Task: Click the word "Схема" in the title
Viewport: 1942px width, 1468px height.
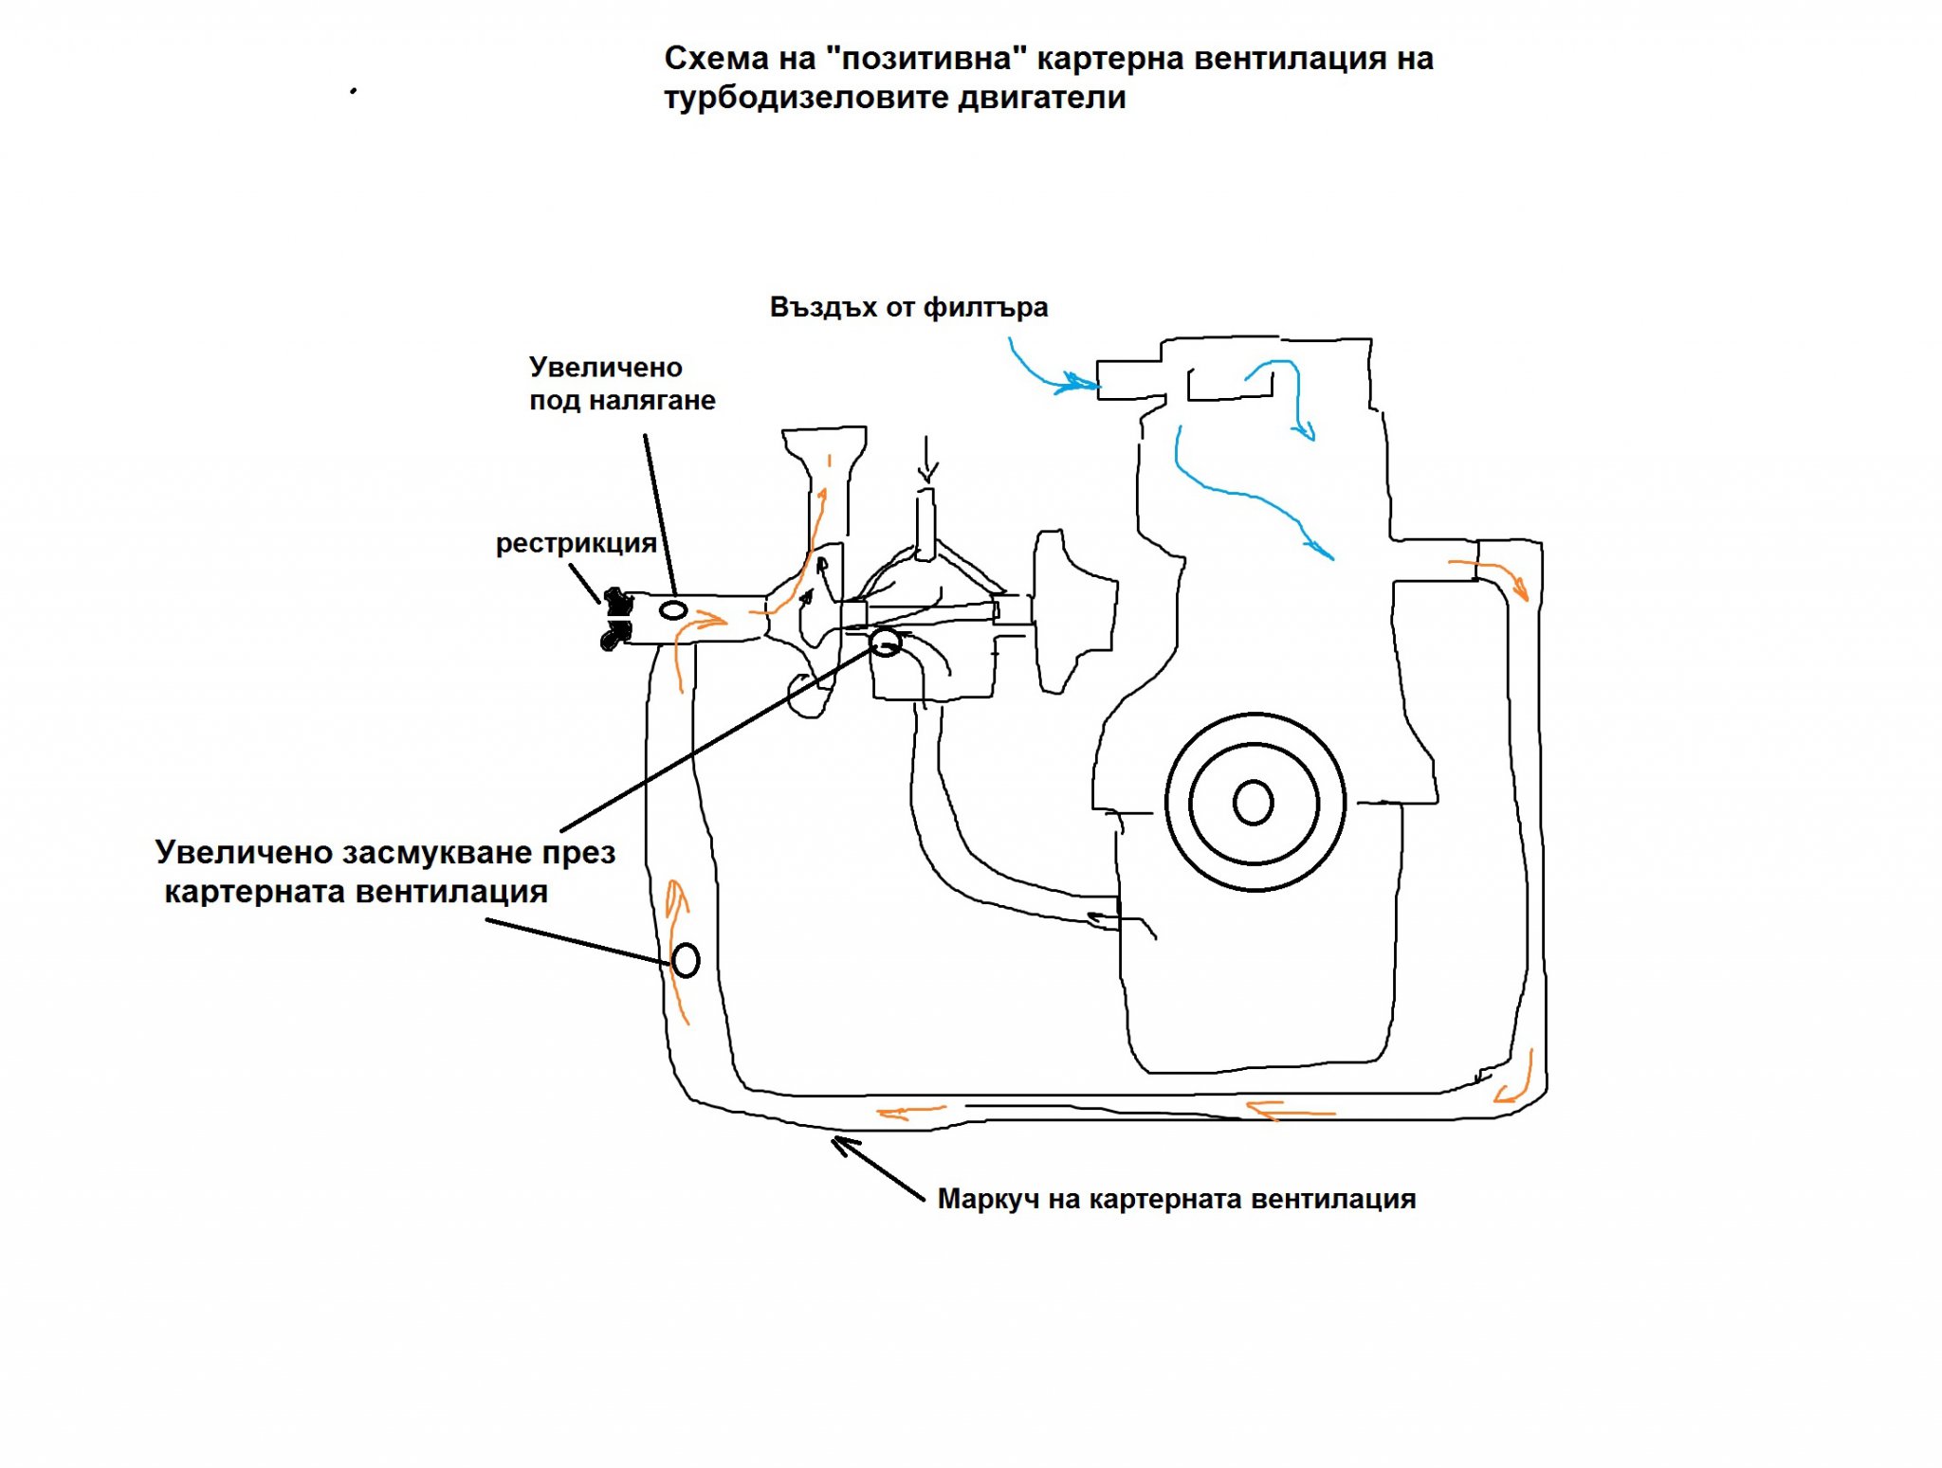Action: click(x=716, y=59)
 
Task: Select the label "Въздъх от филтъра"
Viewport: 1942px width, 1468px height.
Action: click(x=908, y=307)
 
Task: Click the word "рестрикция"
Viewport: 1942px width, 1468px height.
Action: click(x=576, y=543)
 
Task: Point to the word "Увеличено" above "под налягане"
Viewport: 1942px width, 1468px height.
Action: click(x=605, y=367)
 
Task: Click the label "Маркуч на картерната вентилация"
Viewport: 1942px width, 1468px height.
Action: click(x=1176, y=1199)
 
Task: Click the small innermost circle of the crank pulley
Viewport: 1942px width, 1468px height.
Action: click(x=1253, y=803)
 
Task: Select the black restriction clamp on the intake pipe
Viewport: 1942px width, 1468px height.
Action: click(x=616, y=618)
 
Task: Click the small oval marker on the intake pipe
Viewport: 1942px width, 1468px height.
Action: click(x=673, y=609)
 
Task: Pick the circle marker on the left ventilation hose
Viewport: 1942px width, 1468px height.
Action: click(x=686, y=960)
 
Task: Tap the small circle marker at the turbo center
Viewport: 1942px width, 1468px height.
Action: click(x=886, y=643)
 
